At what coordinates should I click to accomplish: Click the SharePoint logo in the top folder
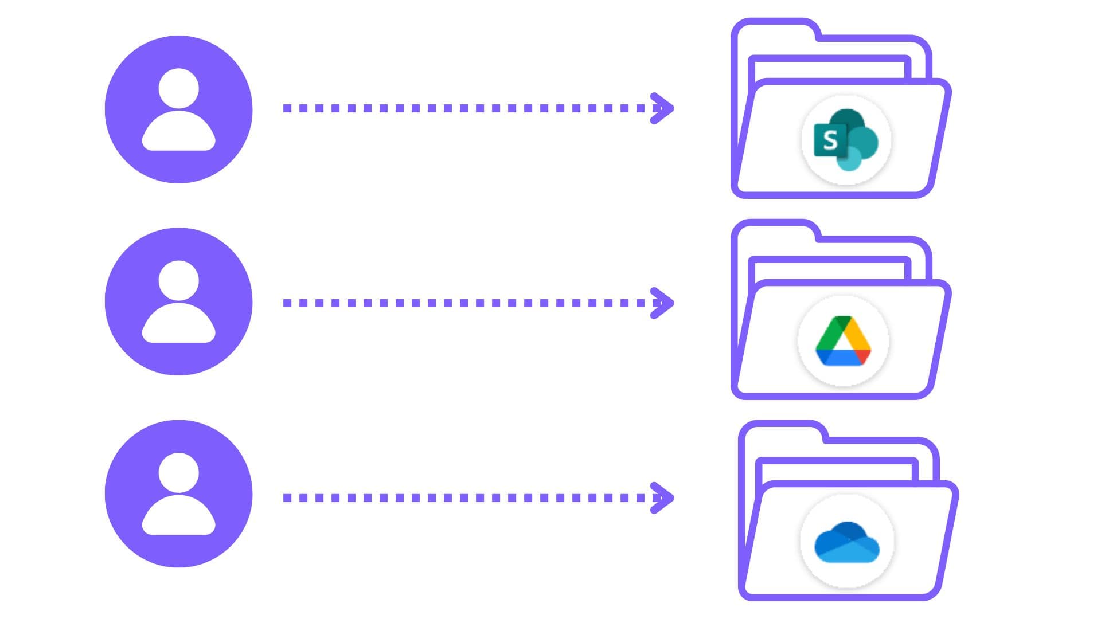pos(846,140)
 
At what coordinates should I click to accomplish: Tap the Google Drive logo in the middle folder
pos(843,341)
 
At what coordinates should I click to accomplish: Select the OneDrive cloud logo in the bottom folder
pos(847,542)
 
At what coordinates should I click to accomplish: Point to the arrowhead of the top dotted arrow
pos(663,108)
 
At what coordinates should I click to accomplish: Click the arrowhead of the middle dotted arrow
pos(663,303)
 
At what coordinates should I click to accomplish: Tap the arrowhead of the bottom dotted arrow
pos(663,497)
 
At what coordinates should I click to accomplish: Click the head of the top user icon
pos(178,89)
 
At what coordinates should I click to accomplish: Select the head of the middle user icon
pos(178,281)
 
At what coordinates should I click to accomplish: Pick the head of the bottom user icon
pos(178,473)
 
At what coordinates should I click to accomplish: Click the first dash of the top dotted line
pos(287,108)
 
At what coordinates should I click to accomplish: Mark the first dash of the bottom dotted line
pos(287,497)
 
